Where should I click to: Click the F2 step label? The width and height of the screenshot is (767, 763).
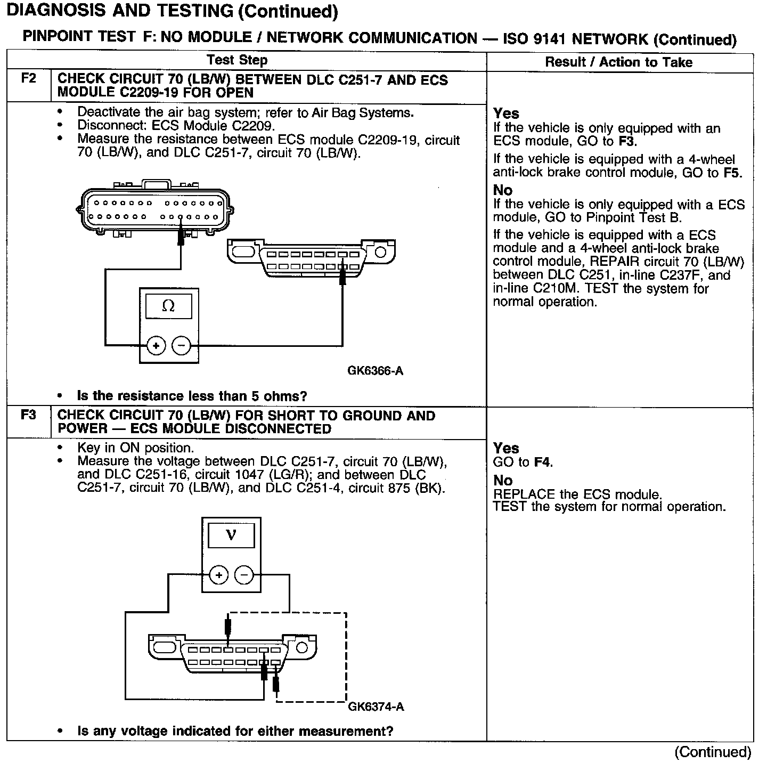28,79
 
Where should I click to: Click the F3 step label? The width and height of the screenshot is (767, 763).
28,415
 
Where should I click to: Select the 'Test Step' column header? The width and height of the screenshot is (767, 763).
237,60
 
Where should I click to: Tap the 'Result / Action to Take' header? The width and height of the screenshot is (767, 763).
618,62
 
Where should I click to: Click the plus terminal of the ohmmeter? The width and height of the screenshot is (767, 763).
156,346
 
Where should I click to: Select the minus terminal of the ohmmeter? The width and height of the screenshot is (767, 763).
181,346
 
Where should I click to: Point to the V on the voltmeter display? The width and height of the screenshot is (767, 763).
231,534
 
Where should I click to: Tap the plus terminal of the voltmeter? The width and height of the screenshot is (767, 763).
219,575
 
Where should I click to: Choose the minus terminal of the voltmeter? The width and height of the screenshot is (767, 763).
244,575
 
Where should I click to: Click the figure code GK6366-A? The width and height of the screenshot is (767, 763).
375,371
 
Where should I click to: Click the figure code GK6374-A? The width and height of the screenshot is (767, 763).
376,707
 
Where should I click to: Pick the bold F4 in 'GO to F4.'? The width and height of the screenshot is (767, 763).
542,462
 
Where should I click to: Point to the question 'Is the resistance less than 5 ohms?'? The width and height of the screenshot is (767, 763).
192,396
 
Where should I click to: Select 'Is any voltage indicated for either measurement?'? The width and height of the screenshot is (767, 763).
235,731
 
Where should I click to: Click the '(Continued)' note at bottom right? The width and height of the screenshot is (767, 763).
713,752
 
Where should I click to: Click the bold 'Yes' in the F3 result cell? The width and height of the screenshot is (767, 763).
506,448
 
